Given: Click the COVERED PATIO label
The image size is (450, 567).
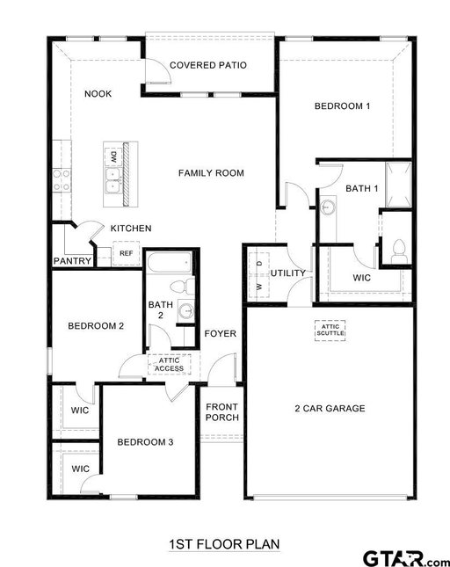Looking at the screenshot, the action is point(208,65).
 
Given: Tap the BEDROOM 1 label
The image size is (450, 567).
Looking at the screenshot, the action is point(342,106).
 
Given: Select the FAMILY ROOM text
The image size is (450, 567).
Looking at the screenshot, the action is point(211,173).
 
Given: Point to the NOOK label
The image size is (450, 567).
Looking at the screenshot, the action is point(98,94).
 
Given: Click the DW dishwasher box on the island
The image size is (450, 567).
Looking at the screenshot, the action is point(113,157).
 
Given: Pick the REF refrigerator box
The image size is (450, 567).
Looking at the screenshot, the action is point(127,253).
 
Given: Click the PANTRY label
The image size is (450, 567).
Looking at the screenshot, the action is point(72,261).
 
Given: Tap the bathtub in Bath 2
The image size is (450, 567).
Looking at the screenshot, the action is point(169,263).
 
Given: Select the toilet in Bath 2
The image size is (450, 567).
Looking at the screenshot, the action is point(183,287).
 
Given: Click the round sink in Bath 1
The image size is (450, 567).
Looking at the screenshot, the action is point(328,207).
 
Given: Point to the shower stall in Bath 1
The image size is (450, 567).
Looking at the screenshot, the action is point(398,185).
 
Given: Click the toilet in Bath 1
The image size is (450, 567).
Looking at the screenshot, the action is point(399,251).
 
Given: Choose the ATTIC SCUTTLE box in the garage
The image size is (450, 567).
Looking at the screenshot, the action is point(330,331).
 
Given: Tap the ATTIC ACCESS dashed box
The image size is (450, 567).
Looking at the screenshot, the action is point(169,364).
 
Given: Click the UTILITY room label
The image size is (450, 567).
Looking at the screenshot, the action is point(288,273).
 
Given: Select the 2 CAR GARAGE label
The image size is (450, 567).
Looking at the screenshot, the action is point(330,409).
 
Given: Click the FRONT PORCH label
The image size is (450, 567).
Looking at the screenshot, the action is point(222,412).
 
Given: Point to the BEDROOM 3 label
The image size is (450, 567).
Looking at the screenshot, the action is point(145,442).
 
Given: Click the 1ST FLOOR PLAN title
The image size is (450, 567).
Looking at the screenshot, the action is point(224,544).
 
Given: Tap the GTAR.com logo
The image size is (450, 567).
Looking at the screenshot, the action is point(405,559).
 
